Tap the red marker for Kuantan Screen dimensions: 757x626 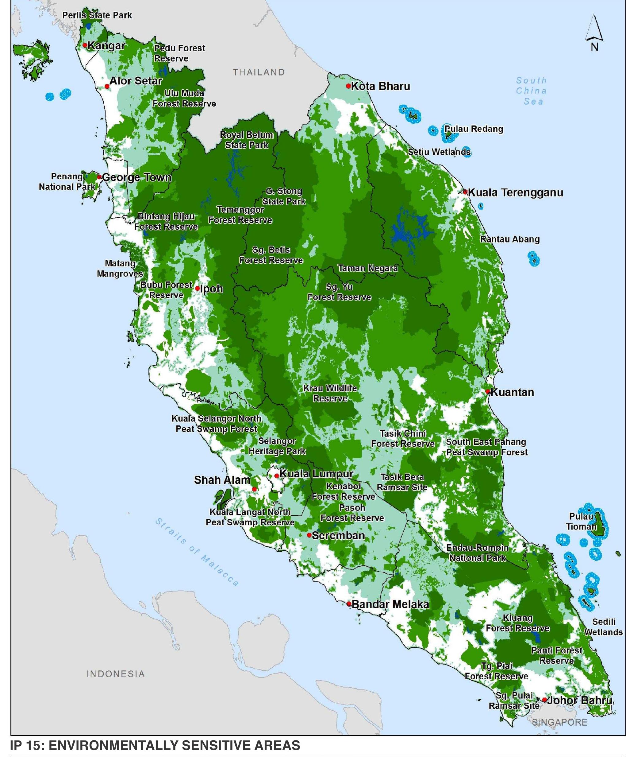(487, 391)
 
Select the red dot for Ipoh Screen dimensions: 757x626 (198, 288)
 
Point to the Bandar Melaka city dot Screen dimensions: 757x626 (349, 604)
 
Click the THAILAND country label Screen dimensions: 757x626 (259, 72)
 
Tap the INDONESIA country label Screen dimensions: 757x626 (116, 674)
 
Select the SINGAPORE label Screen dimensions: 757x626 (559, 722)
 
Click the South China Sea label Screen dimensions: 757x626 (531, 91)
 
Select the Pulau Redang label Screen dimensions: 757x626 (473, 129)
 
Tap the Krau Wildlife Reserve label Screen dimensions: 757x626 (330, 393)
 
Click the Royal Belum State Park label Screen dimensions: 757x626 (247, 140)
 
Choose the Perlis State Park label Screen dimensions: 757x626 (97, 15)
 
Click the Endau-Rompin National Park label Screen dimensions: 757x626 (477, 553)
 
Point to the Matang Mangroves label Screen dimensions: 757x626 (120, 269)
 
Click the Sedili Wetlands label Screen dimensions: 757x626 (603, 627)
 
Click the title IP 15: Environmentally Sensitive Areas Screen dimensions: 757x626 (155, 745)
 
